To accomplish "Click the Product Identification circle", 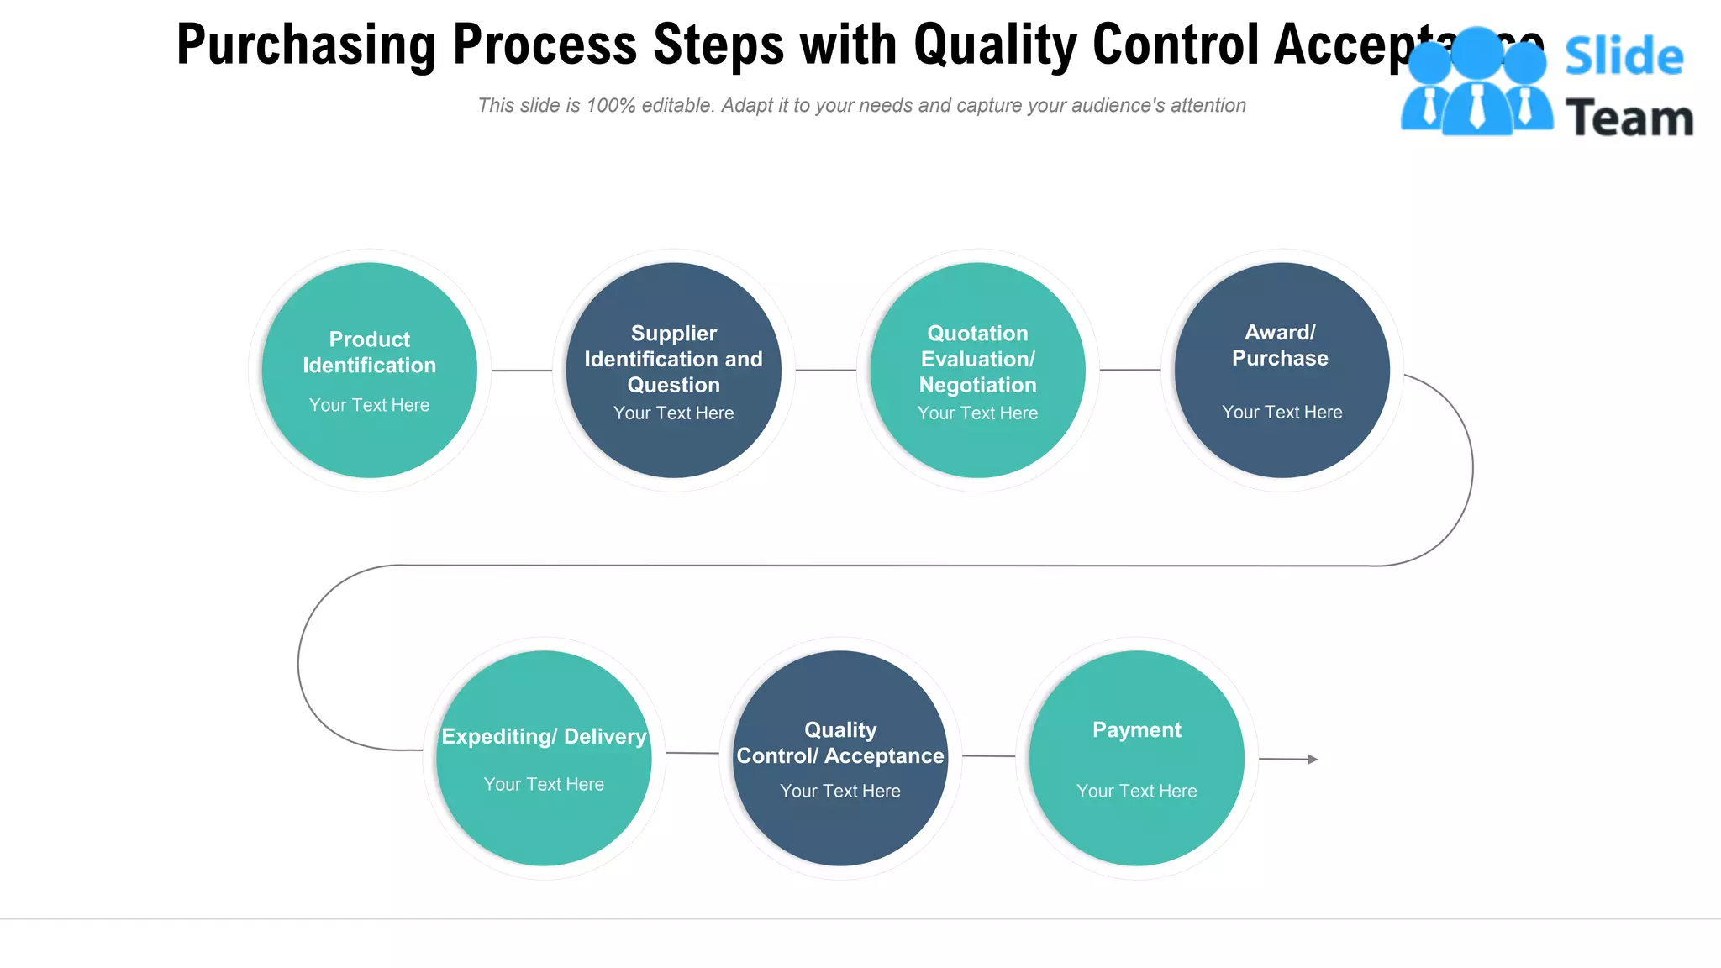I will click(369, 370).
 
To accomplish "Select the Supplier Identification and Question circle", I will click(673, 370).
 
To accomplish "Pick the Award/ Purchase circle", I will click(1282, 370).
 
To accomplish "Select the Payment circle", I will click(1136, 758).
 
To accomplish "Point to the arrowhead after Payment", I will click(1313, 759).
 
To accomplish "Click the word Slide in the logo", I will click(1624, 57).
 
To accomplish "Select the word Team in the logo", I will click(1629, 118).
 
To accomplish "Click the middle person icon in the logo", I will click(1477, 84).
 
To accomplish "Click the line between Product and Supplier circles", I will click(521, 370).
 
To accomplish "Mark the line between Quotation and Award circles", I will click(1129, 370).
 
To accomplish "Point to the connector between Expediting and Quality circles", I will click(692, 753).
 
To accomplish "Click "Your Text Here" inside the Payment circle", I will click(1136, 791).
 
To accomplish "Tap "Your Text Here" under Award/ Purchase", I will click(1282, 412).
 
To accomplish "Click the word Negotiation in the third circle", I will click(977, 385).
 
